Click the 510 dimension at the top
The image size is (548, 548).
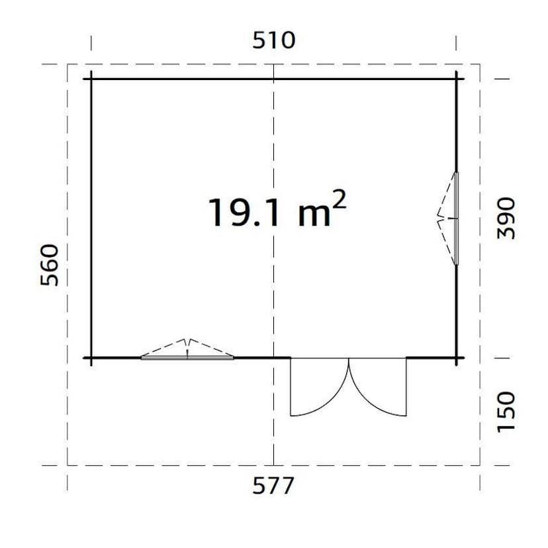(273, 40)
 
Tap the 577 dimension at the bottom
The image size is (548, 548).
(273, 486)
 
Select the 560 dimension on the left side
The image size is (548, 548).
(50, 264)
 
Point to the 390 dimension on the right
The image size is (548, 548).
(506, 218)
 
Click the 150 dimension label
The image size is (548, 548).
(506, 411)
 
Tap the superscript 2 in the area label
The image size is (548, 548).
(338, 201)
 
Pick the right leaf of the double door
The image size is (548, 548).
(381, 390)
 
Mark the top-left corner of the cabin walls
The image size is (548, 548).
(91, 79)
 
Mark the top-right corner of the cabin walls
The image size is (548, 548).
(456, 79)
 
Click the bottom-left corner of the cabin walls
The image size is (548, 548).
(91, 358)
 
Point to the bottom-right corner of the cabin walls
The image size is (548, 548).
(456, 358)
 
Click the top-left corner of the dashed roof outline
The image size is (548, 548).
(68, 65)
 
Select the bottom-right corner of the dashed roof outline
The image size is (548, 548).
(480, 465)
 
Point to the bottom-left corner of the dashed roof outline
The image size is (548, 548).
(68, 465)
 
